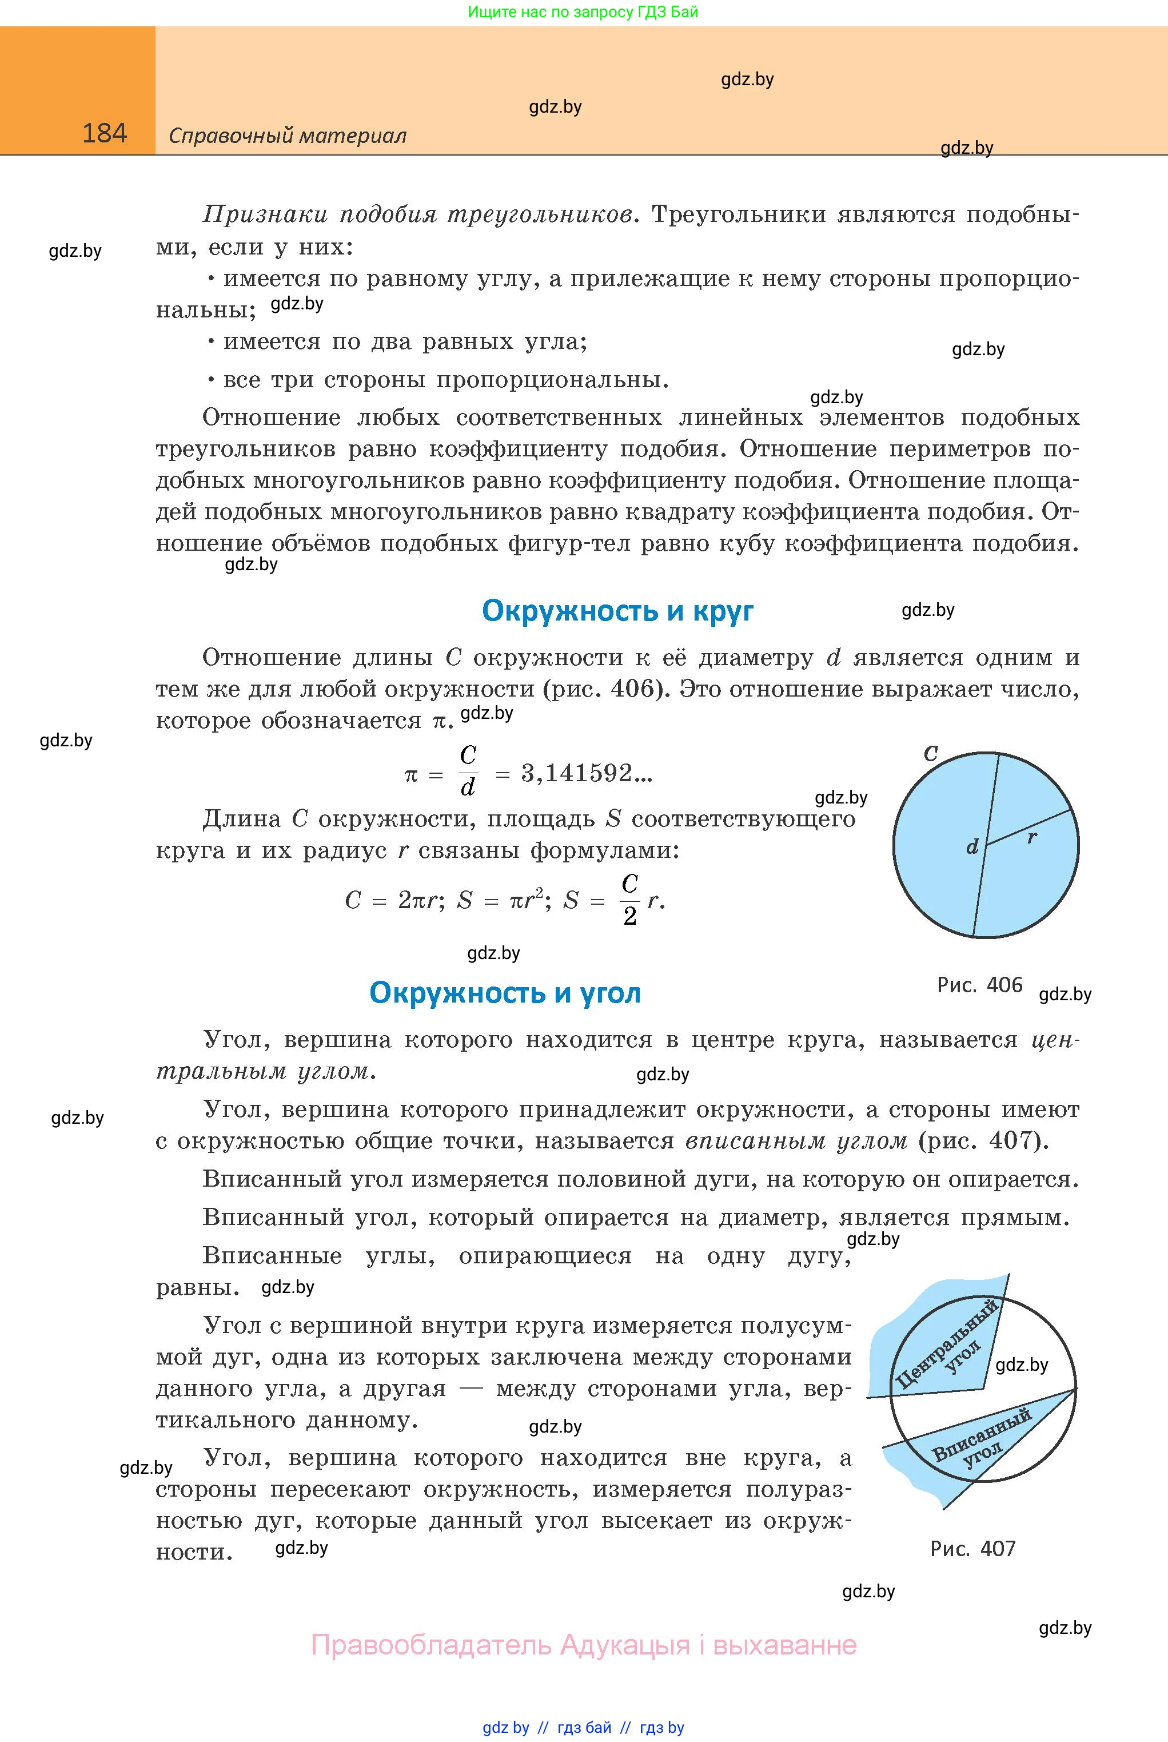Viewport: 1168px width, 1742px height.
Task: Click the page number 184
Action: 104,133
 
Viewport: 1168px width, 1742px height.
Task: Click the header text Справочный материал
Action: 288,136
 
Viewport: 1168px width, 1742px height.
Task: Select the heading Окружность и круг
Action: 617,611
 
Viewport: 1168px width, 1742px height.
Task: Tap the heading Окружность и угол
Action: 505,993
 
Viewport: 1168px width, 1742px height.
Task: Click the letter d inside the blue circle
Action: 972,847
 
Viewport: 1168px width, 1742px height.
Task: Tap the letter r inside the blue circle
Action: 1032,837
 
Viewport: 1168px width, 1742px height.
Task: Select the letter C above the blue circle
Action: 930,753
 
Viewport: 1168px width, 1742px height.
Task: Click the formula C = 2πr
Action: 393,901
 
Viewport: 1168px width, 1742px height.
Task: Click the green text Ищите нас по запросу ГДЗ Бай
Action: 583,12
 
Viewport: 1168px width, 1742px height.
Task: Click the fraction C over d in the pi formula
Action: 468,771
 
